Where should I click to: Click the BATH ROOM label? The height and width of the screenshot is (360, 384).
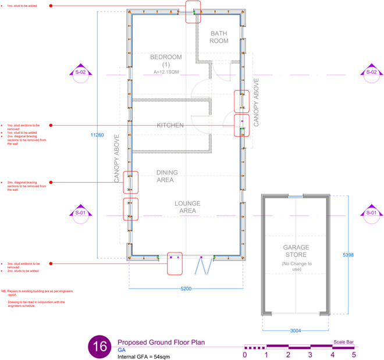(219, 37)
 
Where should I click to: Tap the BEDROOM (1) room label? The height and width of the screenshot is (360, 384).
(166, 60)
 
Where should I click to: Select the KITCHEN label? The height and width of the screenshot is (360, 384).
(170, 125)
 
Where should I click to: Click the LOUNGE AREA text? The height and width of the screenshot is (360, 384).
(187, 207)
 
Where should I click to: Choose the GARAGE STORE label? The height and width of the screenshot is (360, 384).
(296, 251)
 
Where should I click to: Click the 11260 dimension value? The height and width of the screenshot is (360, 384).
(97, 135)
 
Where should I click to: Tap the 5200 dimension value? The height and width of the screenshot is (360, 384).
(186, 289)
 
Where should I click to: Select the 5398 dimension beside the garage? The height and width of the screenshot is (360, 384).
(347, 255)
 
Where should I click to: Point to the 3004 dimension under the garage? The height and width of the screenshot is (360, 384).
(296, 330)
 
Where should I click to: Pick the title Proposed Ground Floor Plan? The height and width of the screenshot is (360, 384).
(161, 343)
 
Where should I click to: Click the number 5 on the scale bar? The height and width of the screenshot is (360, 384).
(353, 354)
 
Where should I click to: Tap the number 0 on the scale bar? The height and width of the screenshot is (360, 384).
(245, 354)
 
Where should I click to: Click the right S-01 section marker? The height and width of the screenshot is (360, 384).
(371, 212)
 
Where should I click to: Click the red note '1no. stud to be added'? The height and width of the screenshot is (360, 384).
(22, 6)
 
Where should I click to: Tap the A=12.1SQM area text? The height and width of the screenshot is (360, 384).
(166, 72)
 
